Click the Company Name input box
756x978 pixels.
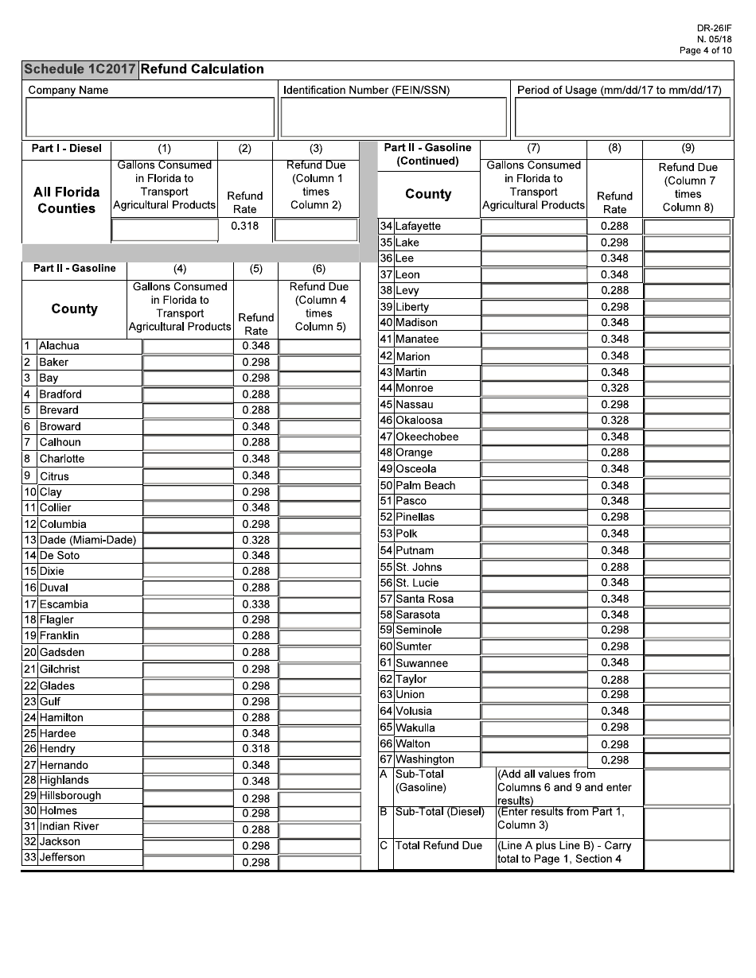tap(150, 117)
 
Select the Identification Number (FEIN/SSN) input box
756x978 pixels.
tap(394, 117)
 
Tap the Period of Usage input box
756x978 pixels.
tap(622, 117)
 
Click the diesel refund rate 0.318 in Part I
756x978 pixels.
tap(245, 227)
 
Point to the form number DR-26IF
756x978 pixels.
tap(714, 28)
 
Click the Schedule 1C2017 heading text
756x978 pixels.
tap(80, 69)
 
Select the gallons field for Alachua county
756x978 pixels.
tap(188, 347)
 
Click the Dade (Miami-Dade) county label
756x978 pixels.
tap(88, 540)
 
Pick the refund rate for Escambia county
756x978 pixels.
tap(255, 604)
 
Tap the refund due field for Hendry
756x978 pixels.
tap(319, 749)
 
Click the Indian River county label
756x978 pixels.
tap(69, 826)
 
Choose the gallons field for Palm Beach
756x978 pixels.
tap(533, 485)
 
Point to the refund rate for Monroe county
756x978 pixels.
tap(614, 388)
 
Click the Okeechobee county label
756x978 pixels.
tap(427, 437)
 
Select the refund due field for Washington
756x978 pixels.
tap(687, 760)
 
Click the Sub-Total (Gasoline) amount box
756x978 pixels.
tap(687, 787)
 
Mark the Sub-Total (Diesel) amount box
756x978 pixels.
tap(687, 823)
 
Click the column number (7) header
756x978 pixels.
tap(533, 148)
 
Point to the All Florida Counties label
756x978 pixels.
tap(67, 200)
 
